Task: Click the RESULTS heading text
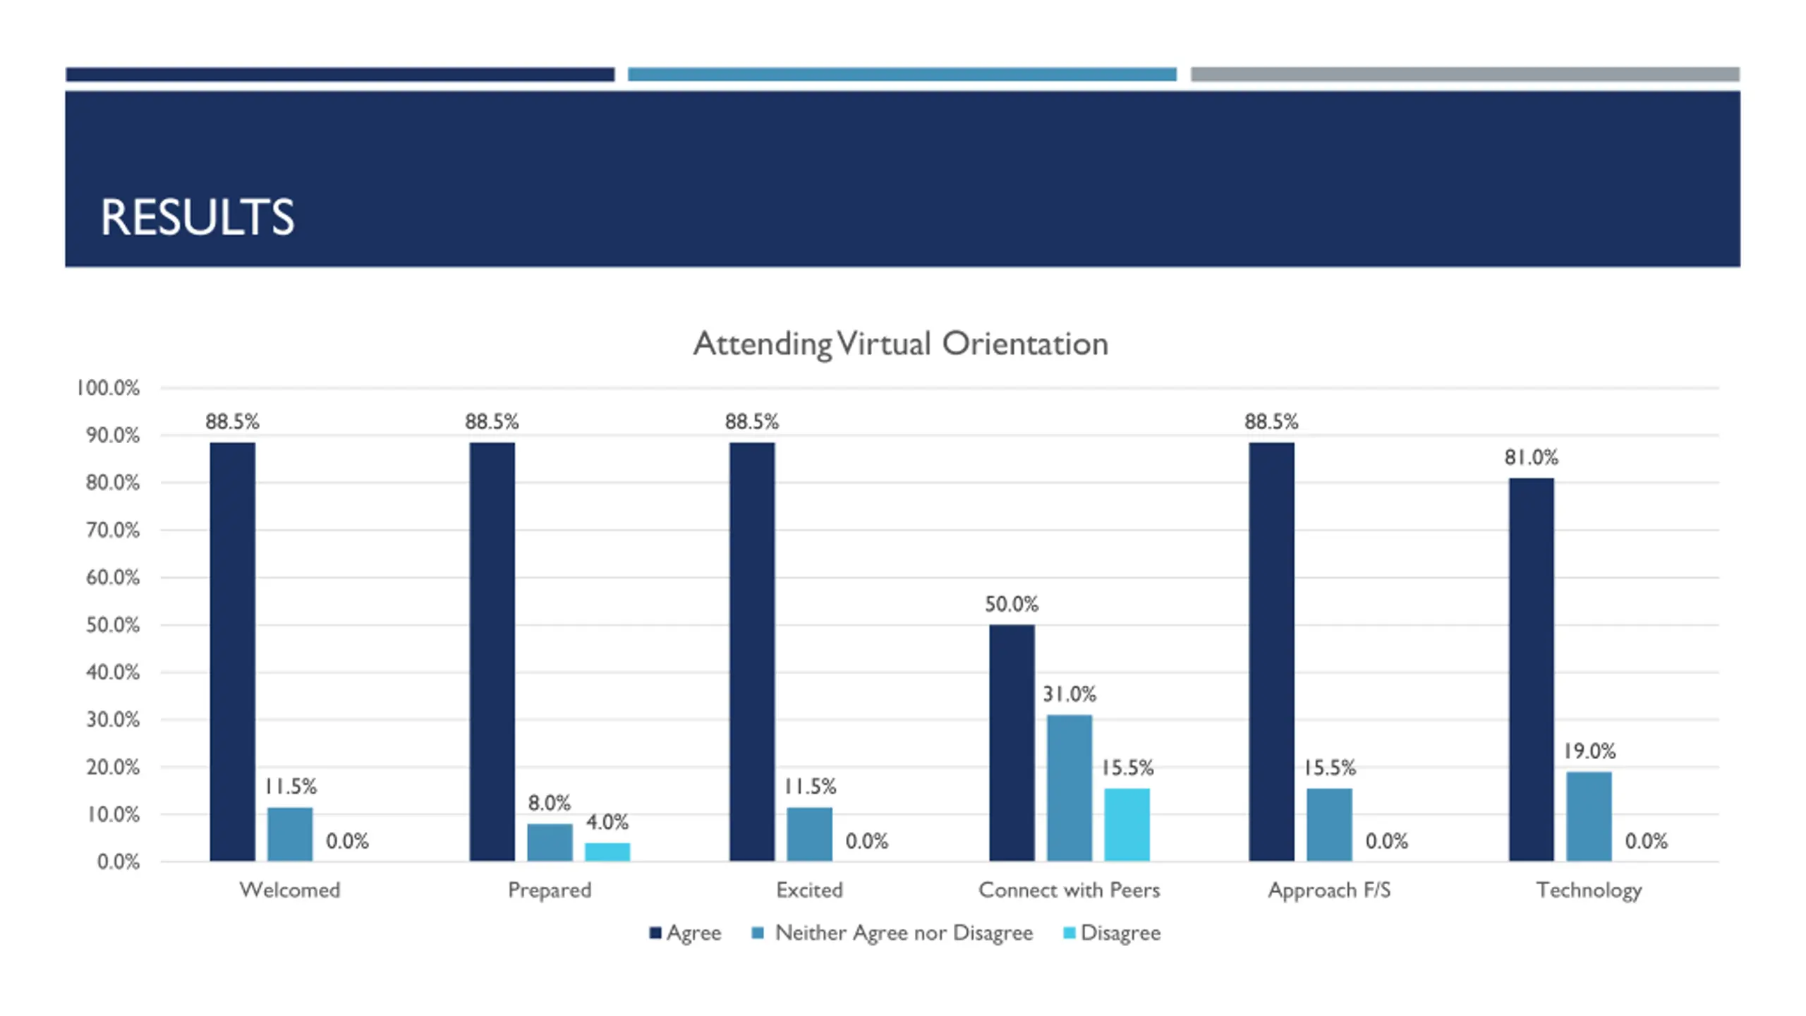pos(197,217)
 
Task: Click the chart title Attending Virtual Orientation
pos(900,344)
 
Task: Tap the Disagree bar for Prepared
pos(607,852)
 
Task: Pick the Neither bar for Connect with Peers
pos(1069,787)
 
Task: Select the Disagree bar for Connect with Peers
pos(1127,824)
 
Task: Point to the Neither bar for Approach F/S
pos(1329,824)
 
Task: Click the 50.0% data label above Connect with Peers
pos(1012,604)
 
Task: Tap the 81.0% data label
pos(1531,457)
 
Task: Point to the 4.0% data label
pos(607,822)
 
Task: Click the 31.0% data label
pos(1069,694)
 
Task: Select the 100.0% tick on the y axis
pos(108,388)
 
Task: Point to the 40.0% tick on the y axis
pos(113,672)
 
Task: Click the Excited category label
pos(809,890)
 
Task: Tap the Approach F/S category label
pos(1329,890)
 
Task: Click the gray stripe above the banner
pos(1465,74)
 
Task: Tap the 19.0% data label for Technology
pos(1589,751)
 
